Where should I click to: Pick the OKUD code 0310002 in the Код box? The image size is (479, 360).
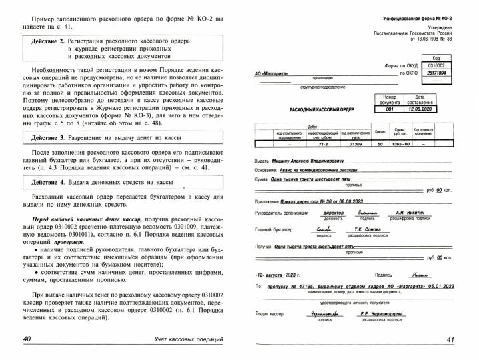[436, 66]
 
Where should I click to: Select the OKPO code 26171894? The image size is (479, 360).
[436, 73]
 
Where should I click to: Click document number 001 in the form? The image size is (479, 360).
[389, 109]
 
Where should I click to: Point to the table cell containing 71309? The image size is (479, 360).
[355, 143]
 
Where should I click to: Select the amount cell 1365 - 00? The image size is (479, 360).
[400, 143]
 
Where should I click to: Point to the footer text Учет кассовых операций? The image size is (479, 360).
[185, 340]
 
